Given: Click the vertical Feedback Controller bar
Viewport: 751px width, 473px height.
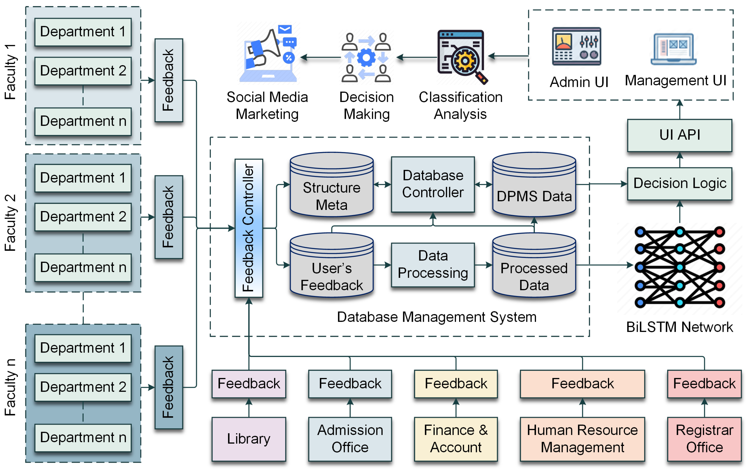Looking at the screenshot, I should (249, 228).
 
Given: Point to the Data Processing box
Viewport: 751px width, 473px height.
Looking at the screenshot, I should (433, 265).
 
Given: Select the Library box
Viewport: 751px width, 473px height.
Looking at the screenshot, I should (249, 439).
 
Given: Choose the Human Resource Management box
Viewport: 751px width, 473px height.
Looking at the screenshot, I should (582, 439).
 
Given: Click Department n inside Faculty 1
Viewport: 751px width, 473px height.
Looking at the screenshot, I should (83, 121).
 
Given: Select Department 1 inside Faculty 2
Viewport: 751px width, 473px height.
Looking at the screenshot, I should (83, 178).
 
